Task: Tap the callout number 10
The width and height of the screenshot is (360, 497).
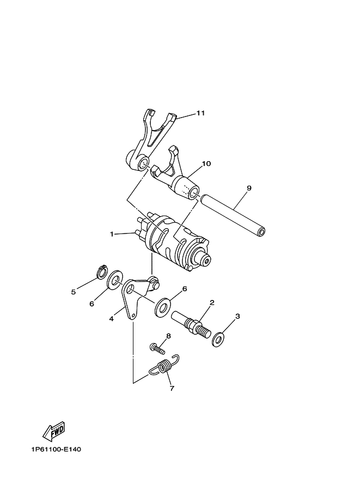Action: click(x=206, y=163)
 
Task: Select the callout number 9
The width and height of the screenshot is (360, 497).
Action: click(x=248, y=188)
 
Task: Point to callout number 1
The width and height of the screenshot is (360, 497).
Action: click(x=112, y=234)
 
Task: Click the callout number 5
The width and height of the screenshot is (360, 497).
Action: click(x=74, y=292)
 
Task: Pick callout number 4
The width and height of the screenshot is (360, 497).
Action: click(x=111, y=319)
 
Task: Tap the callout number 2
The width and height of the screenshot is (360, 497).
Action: click(x=211, y=303)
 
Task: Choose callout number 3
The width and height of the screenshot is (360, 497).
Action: click(x=237, y=316)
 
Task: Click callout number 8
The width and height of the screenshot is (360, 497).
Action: click(x=168, y=336)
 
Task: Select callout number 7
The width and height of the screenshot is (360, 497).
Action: click(x=172, y=389)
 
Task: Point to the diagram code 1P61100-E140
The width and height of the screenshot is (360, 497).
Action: click(x=53, y=450)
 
